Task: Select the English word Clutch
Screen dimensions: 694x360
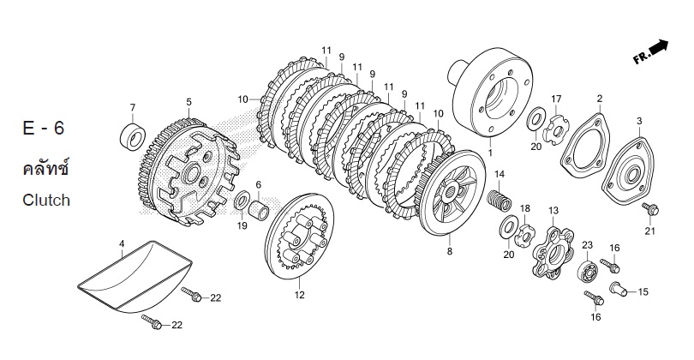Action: [46, 201]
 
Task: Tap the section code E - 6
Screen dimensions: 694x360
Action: [44, 128]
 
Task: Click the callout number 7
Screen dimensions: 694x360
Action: [132, 107]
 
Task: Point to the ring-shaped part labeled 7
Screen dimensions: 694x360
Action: [132, 136]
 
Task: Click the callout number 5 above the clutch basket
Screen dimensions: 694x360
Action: [189, 102]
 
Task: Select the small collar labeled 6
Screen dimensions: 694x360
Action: [258, 209]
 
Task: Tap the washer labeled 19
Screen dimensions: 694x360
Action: [242, 201]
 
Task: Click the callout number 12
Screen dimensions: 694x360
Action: [300, 295]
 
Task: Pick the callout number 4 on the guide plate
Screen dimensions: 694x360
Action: [122, 243]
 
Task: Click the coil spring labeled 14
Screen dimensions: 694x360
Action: [500, 201]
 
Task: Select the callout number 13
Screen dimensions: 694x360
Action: [553, 211]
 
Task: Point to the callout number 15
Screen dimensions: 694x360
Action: [643, 291]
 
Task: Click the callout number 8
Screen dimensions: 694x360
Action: [450, 251]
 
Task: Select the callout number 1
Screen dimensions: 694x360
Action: [490, 153]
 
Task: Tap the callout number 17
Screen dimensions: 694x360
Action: [556, 99]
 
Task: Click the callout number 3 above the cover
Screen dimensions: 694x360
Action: [639, 121]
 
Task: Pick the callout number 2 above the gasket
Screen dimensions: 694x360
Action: [600, 99]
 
